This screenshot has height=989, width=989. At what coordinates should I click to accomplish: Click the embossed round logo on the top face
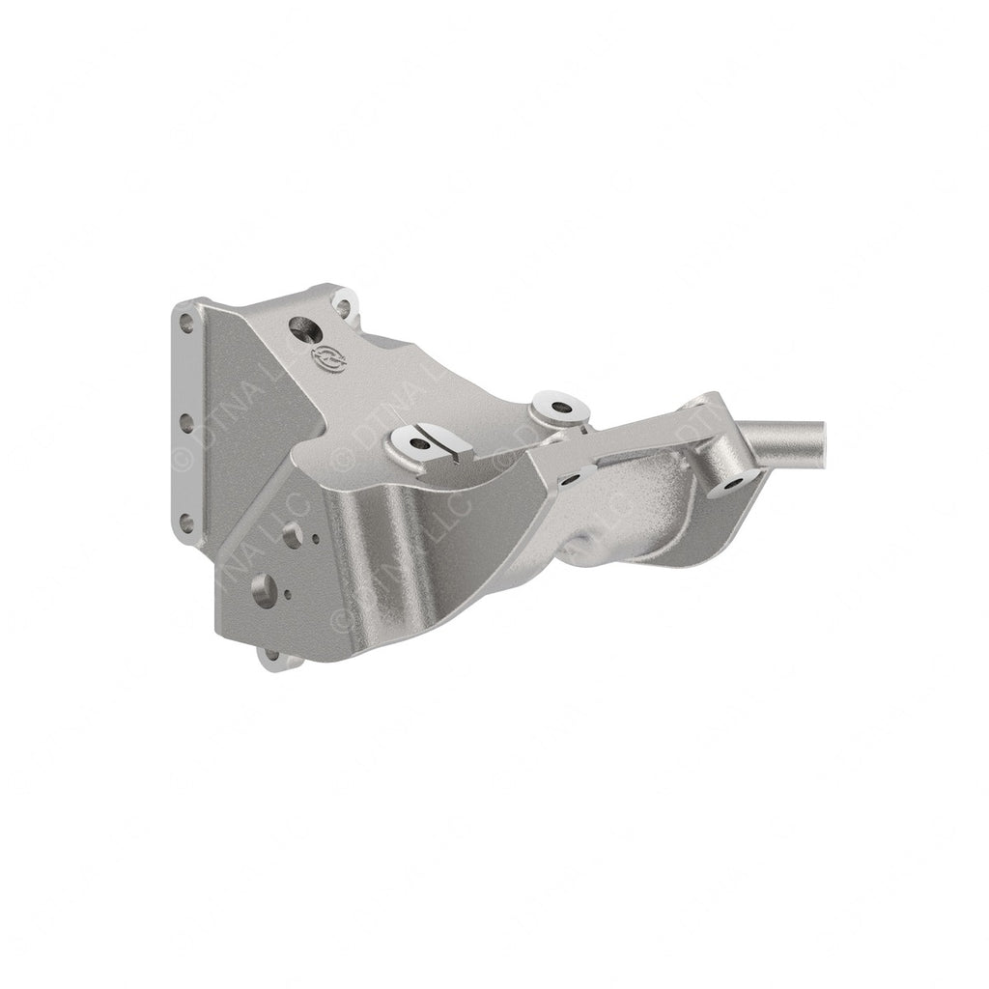point(326,359)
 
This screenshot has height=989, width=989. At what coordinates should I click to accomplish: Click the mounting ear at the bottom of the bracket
point(273,658)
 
